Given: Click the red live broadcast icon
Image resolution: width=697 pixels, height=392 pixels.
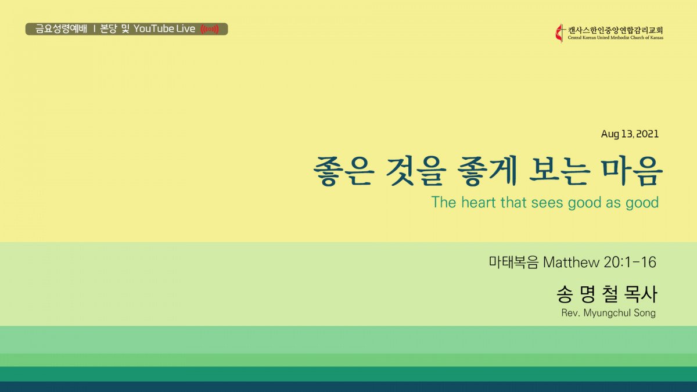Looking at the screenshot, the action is (x=210, y=29).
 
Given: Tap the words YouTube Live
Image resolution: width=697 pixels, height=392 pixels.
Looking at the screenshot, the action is (x=164, y=29).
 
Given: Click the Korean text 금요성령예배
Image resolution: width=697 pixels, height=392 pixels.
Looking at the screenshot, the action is (x=61, y=29).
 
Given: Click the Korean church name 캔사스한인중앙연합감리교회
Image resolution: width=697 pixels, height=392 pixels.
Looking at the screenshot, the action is (x=616, y=30).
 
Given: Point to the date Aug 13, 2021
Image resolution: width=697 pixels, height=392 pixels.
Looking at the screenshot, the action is (x=630, y=134).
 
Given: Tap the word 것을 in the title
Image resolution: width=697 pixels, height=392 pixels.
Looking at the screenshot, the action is (x=416, y=171).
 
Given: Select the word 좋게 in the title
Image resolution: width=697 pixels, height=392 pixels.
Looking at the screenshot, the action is (x=487, y=171).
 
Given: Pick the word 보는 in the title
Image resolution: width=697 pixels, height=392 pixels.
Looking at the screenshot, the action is (x=560, y=171).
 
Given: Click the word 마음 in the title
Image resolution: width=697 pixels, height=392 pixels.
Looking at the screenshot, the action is (x=632, y=171).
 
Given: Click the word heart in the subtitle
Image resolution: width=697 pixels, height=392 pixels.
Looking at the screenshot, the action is (x=479, y=203).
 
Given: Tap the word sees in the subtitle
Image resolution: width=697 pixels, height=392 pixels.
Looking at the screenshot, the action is (x=548, y=203).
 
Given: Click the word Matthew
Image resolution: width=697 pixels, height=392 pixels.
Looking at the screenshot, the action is (x=572, y=262).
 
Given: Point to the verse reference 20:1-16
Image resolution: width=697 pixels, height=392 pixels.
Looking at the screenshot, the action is (x=630, y=262).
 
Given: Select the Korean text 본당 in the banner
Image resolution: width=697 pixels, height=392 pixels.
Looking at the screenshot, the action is (x=108, y=29).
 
